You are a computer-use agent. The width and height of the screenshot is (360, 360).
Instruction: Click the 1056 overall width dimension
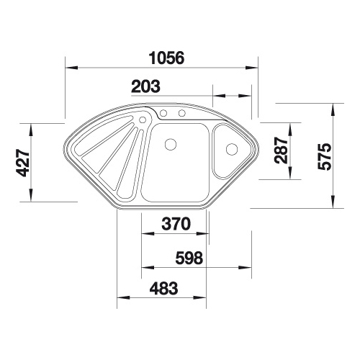[166, 58]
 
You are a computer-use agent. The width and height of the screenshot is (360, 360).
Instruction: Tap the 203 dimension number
[145, 86]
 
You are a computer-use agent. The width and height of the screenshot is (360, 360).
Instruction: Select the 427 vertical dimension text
[23, 163]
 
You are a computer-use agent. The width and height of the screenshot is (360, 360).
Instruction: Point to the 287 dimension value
[282, 150]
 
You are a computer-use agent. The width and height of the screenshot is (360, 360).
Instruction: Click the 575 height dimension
[325, 157]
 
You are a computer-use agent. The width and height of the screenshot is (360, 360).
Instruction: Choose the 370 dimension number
[176, 224]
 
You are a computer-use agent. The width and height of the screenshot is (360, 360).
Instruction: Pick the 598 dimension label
[189, 258]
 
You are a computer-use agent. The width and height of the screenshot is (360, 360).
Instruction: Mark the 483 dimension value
[164, 288]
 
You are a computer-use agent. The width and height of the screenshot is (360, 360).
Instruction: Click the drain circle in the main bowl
[171, 145]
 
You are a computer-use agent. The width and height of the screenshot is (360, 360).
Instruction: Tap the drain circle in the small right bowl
[232, 149]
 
